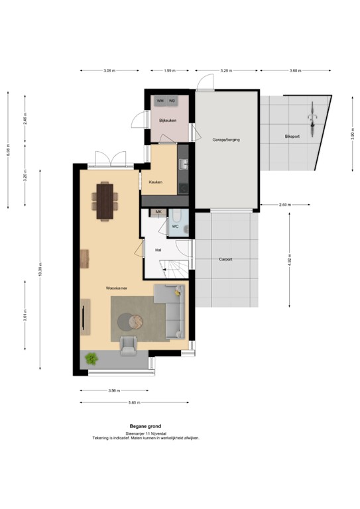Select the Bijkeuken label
point(166,121)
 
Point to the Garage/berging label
point(225,141)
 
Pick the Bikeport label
point(292,137)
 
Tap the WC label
point(175,226)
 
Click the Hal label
point(158,250)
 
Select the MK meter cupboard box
point(158,212)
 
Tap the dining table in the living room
point(105,199)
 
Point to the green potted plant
point(91,359)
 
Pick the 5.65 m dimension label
point(133,402)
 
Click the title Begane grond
point(145,426)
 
